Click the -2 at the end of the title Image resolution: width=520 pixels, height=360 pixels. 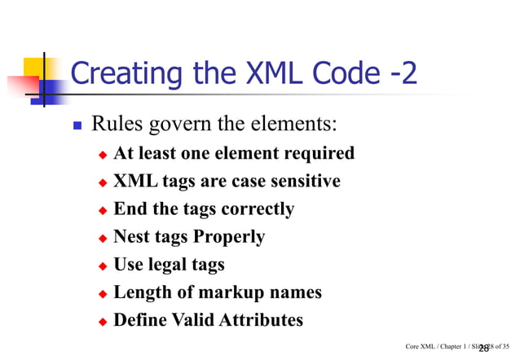click(x=400, y=74)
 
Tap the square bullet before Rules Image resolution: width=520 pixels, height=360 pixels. click(x=77, y=128)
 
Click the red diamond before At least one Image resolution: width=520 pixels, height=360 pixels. click(x=103, y=155)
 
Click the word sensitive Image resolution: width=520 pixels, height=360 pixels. click(x=302, y=181)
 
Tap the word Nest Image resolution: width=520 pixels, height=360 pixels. click(x=133, y=236)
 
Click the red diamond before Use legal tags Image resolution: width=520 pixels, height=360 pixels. click(x=103, y=266)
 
